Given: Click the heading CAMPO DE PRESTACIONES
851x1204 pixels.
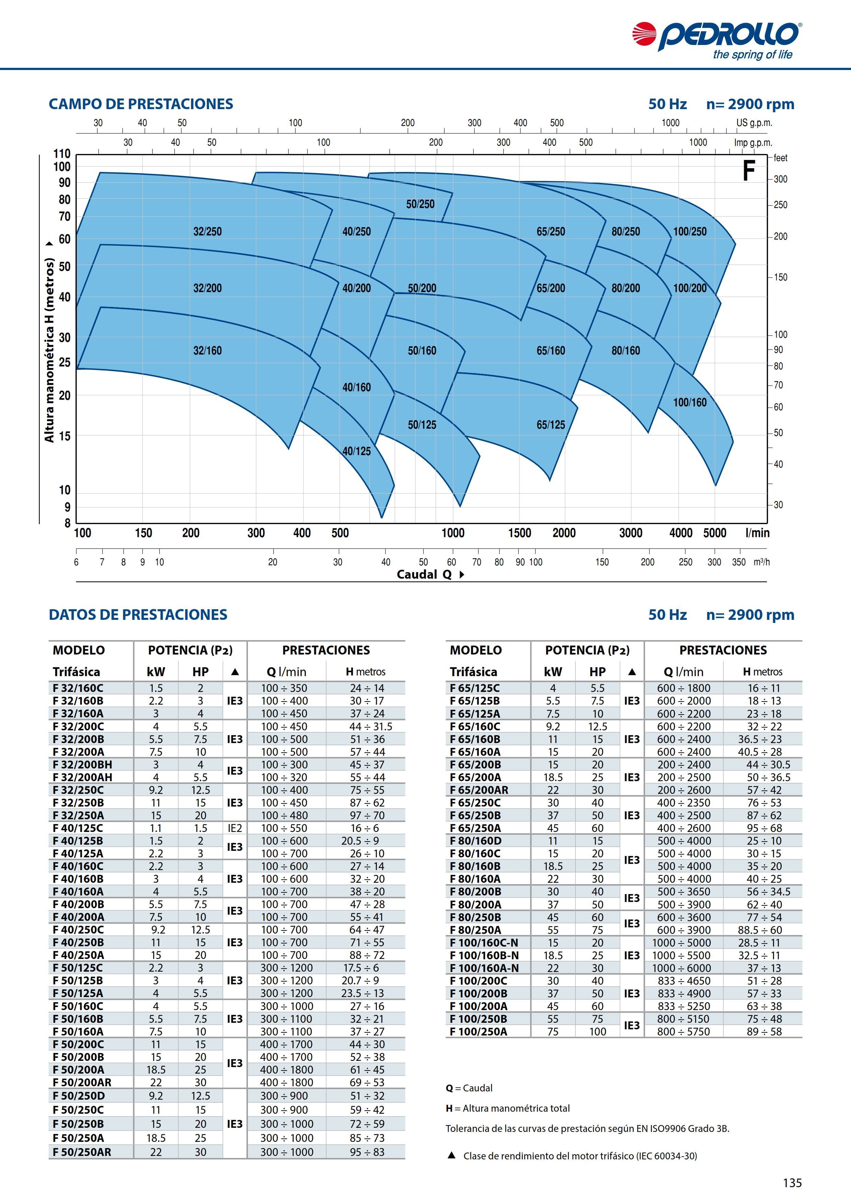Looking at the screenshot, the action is [141, 104].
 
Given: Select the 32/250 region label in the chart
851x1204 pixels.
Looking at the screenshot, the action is [208, 231].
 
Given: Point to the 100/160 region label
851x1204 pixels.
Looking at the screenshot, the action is [690, 402].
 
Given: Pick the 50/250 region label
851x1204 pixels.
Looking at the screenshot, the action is [421, 204].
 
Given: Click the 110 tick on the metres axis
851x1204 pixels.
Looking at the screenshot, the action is [62, 154].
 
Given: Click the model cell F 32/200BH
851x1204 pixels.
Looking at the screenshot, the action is [82, 765].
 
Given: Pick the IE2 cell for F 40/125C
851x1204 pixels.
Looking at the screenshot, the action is [235, 828].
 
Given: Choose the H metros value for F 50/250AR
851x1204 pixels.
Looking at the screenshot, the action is [367, 1152].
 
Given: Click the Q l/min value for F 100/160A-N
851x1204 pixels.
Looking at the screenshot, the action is [684, 968].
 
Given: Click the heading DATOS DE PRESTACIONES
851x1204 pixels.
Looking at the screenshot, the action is [138, 615].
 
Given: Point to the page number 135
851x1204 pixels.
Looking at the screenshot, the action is [792, 1182].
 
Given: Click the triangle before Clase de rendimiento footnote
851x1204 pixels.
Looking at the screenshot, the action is [451, 1156].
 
